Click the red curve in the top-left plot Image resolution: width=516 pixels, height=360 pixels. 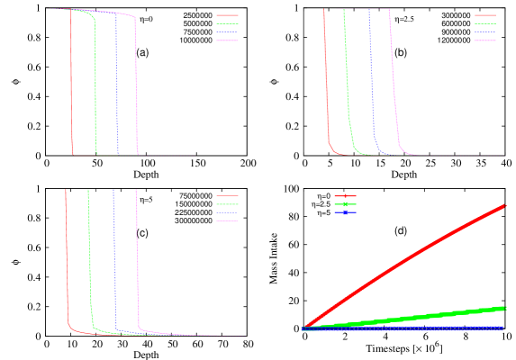[71, 81]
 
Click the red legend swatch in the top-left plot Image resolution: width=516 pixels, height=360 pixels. [227, 15]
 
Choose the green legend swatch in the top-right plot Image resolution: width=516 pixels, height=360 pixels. [484, 23]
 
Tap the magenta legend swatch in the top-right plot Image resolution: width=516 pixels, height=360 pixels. [484, 40]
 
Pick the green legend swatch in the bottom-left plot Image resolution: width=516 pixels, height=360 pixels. [227, 204]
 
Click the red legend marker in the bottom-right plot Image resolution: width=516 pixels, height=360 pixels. [344, 195]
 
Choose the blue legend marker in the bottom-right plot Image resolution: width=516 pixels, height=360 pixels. [344, 213]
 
